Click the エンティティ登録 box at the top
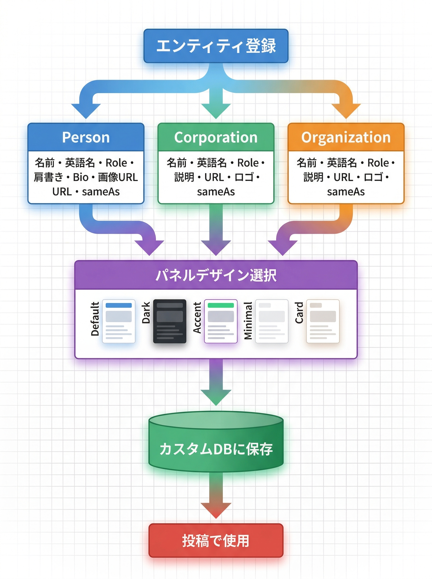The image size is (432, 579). pos(216,46)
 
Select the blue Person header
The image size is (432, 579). pos(86,137)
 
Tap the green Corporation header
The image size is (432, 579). pos(216,137)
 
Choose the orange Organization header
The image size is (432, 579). pos(346,137)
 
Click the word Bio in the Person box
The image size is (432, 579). pos(81,177)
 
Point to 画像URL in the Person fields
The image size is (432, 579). pos(118,177)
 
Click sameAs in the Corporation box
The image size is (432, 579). pos(216,192)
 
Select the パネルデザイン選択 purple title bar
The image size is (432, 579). pos(216,275)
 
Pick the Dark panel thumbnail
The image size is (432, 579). pos(169,321)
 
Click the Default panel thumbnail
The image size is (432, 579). pos(118,321)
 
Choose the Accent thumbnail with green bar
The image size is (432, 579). pos(221,321)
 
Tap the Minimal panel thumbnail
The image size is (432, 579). pos(272,321)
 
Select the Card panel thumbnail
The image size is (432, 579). pos(323,321)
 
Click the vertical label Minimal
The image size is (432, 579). pos(248,321)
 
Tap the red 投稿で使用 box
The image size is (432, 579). pos(216,541)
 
